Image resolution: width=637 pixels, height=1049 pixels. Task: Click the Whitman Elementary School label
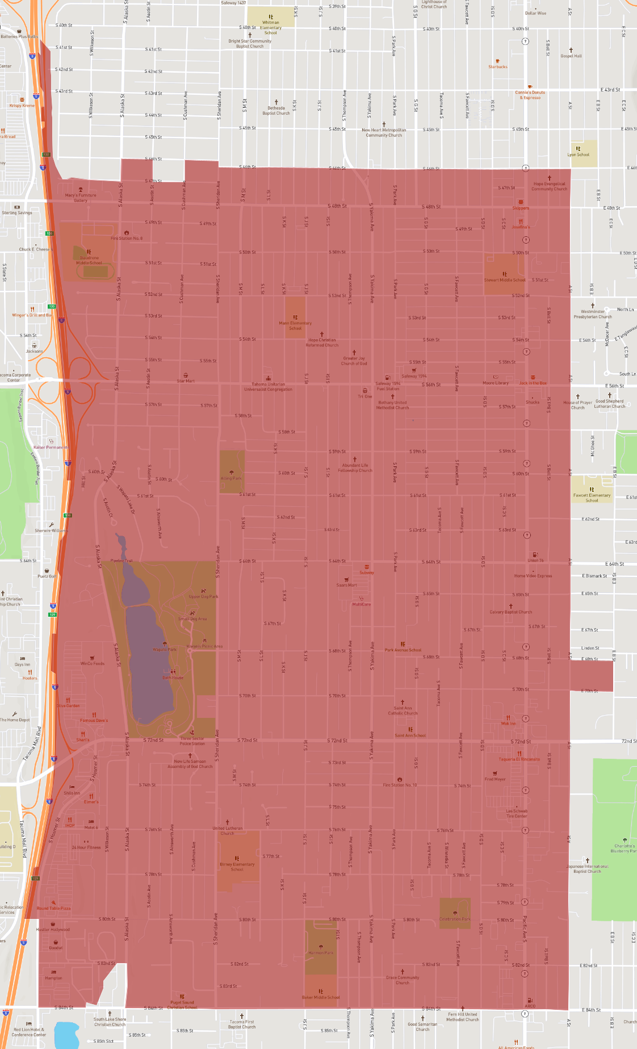point(271,27)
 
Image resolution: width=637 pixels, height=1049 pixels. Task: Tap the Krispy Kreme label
point(22,106)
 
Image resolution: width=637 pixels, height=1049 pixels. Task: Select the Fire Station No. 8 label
point(126,238)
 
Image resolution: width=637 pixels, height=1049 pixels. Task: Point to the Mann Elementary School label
point(295,325)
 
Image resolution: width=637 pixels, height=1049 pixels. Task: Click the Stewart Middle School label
point(505,280)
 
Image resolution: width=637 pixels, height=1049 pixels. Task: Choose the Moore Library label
point(496,383)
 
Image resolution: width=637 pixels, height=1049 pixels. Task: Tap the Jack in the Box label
point(533,383)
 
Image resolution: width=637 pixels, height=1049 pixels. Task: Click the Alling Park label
point(231,478)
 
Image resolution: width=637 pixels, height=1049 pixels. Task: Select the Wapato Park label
point(165,649)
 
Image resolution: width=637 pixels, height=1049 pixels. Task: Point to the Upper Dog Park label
point(203,596)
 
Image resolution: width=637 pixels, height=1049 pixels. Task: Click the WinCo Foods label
point(92,663)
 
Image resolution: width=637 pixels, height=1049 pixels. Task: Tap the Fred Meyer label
point(495,779)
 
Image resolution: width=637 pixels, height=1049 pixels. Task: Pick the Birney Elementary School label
point(237,867)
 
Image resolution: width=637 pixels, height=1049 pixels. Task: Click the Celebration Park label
point(455,919)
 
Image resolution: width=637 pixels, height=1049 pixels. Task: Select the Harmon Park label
point(321,952)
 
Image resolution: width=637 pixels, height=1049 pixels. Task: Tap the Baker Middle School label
point(321,997)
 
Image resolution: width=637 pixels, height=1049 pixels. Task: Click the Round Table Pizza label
point(54,908)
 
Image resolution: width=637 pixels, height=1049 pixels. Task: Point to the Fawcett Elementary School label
point(592,498)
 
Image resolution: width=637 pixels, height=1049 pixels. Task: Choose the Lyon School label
point(579,154)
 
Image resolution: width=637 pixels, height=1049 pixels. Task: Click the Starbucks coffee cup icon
point(498,61)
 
